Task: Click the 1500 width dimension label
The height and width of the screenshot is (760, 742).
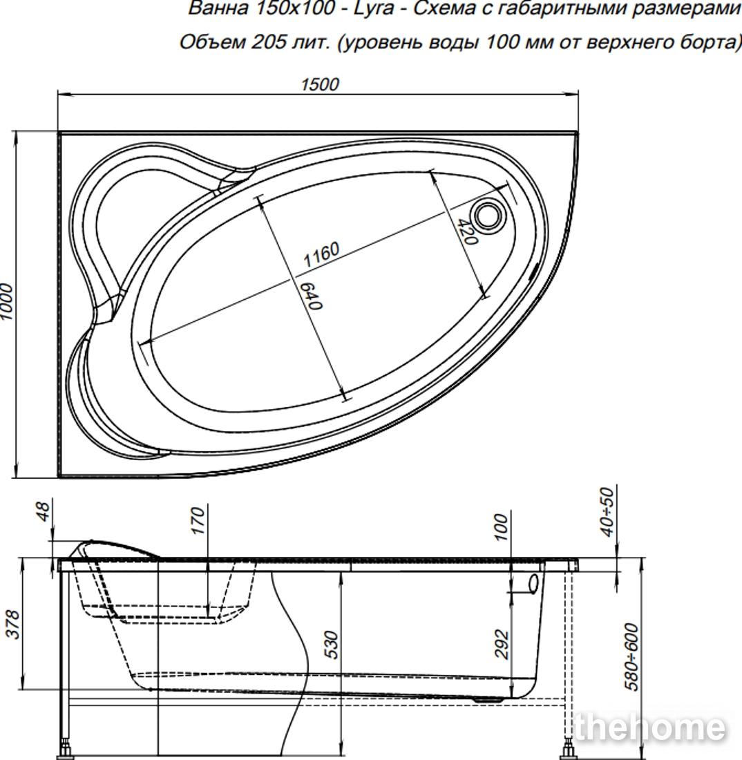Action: pyautogui.click(x=320, y=84)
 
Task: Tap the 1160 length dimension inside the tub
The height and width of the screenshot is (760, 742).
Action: pyautogui.click(x=321, y=255)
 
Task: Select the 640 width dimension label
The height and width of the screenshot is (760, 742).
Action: pyautogui.click(x=310, y=296)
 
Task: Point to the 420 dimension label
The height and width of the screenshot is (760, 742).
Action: pyautogui.click(x=467, y=231)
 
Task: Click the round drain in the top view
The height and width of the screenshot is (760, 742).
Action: pyautogui.click(x=488, y=216)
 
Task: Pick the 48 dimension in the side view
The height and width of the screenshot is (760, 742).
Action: pyautogui.click(x=43, y=511)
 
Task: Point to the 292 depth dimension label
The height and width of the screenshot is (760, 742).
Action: pyautogui.click(x=502, y=645)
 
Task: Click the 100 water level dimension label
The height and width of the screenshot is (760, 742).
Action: pyautogui.click(x=501, y=527)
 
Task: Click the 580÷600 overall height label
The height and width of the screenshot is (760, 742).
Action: pyautogui.click(x=632, y=656)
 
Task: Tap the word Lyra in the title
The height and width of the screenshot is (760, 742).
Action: pyautogui.click(x=373, y=9)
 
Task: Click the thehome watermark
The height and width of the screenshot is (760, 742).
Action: pyautogui.click(x=650, y=727)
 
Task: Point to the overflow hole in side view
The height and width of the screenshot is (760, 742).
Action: pyautogui.click(x=533, y=584)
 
